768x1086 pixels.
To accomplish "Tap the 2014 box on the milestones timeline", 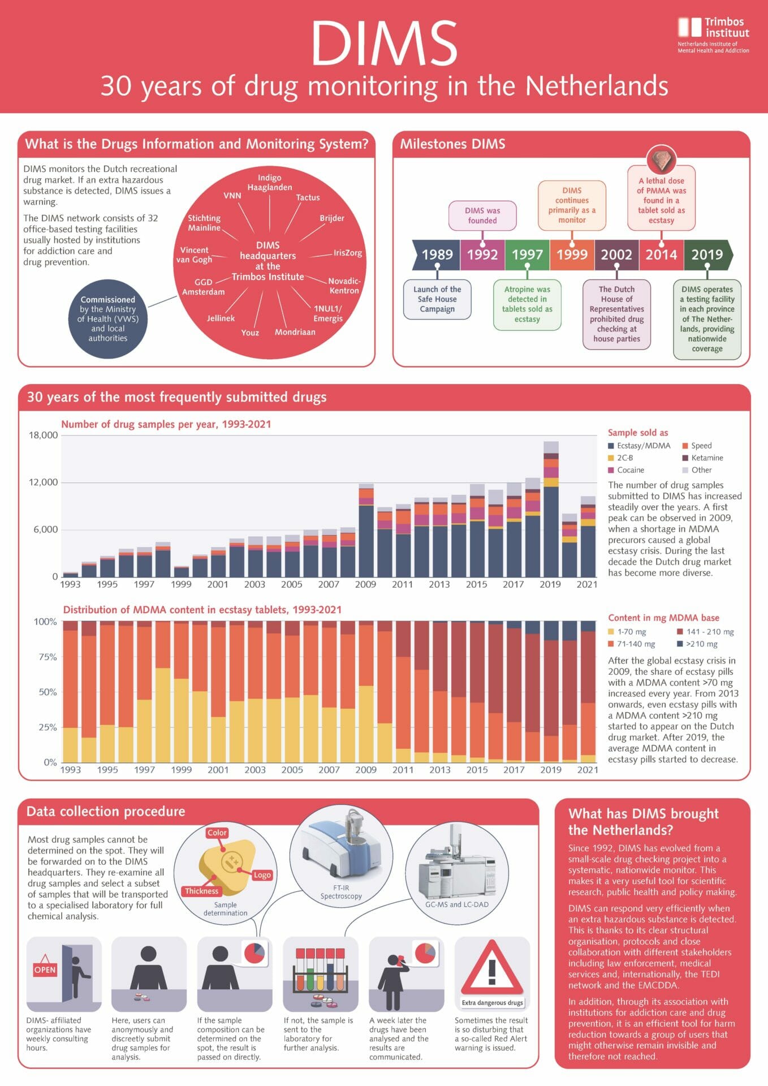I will coord(661,255).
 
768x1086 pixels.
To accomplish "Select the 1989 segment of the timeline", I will coord(437,255).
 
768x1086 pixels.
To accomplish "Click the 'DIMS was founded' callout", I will coord(482,216).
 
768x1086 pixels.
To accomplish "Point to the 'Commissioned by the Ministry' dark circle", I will coord(108,318).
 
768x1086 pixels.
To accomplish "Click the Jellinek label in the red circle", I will coord(221,318).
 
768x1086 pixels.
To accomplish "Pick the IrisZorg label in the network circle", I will coord(347,253).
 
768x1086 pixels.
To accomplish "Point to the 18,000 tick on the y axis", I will coord(44,435).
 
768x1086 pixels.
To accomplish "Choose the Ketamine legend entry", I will coord(702,458).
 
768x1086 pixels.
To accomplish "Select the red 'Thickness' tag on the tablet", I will coord(201,891).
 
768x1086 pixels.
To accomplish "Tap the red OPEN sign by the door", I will coord(45,969).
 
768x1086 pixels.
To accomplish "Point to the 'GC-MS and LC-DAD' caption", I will coord(456,904).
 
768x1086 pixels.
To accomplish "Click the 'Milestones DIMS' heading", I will coord(452,144).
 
